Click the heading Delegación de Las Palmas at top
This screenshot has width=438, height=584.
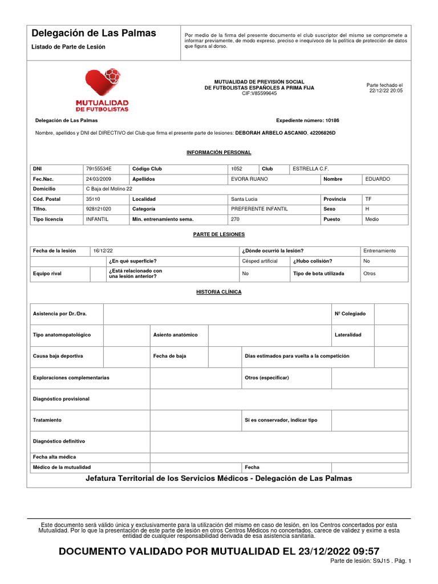click(x=94, y=33)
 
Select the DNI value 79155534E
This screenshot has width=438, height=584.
click(x=99, y=169)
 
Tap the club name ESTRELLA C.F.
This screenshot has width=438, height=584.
click(x=310, y=169)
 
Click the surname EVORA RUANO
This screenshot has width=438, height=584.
click(x=249, y=179)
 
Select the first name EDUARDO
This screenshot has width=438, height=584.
click(x=378, y=179)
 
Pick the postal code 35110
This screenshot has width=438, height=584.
click(x=92, y=199)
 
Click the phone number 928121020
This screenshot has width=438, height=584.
click(x=98, y=209)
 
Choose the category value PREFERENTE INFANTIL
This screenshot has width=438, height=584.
click(x=259, y=209)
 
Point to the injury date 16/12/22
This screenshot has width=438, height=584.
click(x=103, y=251)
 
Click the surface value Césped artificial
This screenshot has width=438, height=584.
click(x=259, y=261)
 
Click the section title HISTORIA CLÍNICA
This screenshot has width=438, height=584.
click(x=219, y=292)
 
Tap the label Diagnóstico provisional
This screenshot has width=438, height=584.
click(x=61, y=399)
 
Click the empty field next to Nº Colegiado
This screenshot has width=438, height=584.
click(x=391, y=314)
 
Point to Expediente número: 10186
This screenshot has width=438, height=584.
click(x=307, y=121)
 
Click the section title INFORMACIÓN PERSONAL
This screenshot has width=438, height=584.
click(x=219, y=153)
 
